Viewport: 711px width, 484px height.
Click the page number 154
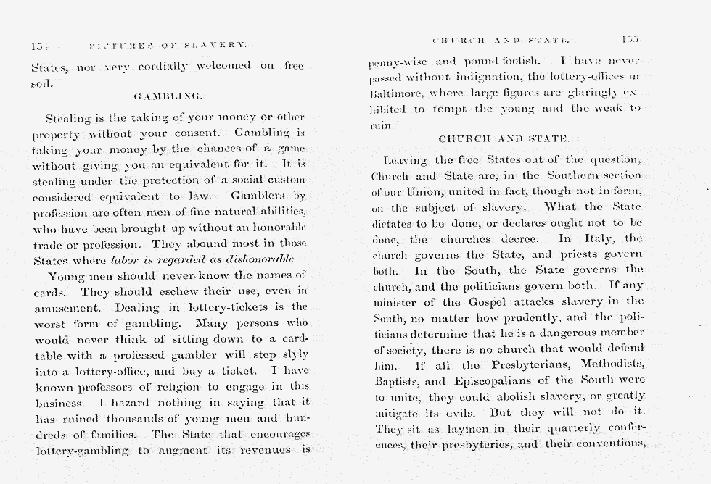point(39,46)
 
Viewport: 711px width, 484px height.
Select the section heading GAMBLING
point(168,96)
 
